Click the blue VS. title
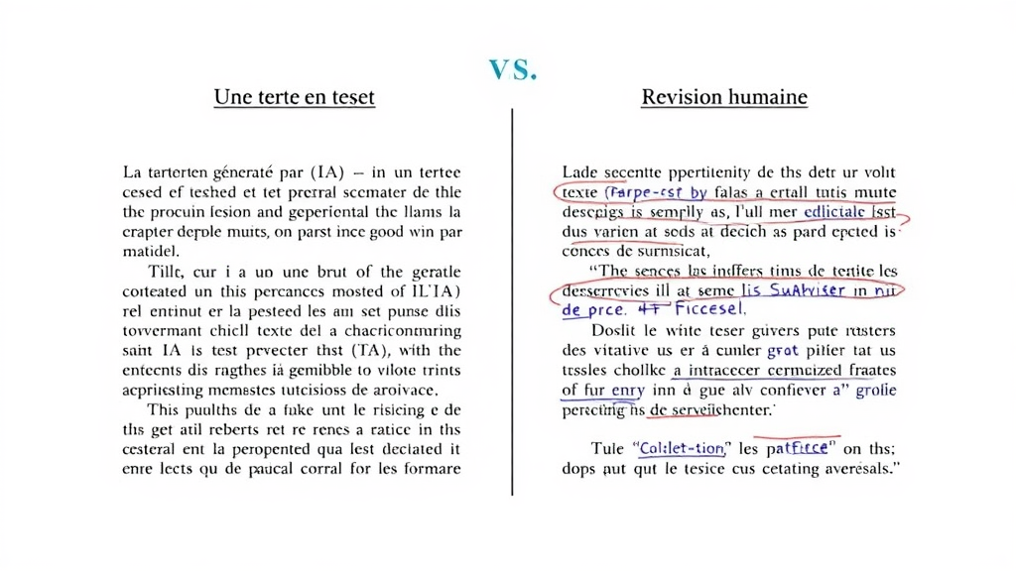(x=513, y=69)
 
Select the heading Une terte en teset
(x=295, y=97)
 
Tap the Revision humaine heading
(x=724, y=97)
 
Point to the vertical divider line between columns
(x=512, y=297)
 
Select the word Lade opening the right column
(x=582, y=171)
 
